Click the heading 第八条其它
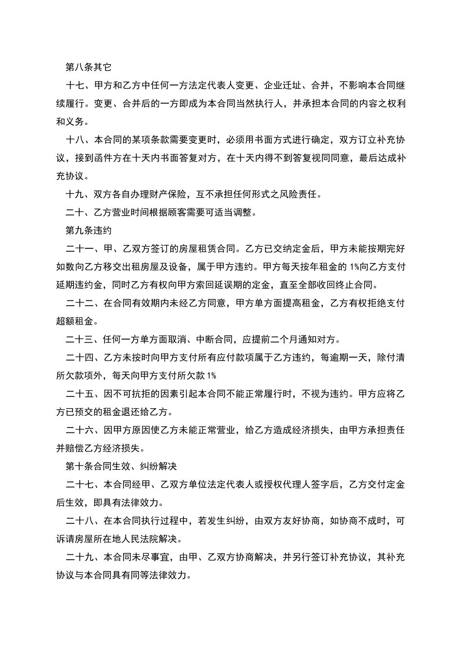point(88,68)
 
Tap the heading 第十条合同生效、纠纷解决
point(121,466)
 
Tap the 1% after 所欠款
point(212,376)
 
